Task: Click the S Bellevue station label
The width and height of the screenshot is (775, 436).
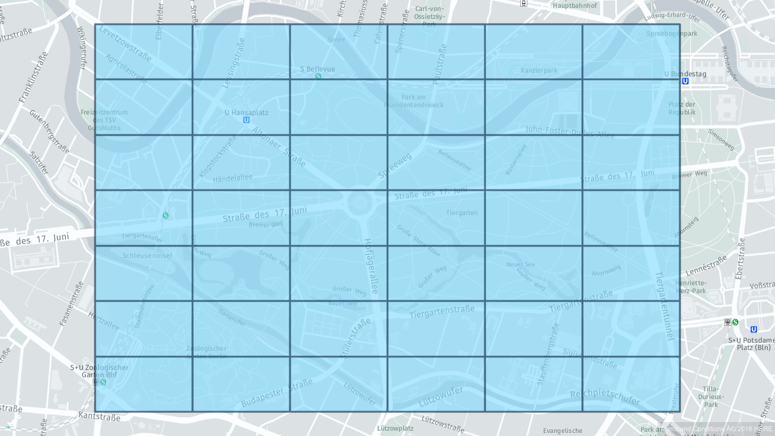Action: point(317,69)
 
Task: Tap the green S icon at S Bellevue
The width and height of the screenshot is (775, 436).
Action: point(318,76)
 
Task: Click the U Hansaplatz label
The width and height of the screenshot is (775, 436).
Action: point(246,113)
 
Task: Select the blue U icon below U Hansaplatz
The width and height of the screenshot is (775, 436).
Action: point(246,120)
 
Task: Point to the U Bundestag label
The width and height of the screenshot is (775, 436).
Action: point(685,74)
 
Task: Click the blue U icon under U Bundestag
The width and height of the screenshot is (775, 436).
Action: point(685,81)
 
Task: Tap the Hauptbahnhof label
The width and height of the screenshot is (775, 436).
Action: point(575,5)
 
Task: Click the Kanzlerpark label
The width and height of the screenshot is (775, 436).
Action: point(539,71)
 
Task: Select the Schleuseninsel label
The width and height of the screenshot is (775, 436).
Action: point(147,256)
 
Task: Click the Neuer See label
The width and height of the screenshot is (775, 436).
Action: point(521,265)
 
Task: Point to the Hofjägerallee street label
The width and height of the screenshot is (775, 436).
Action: point(371,266)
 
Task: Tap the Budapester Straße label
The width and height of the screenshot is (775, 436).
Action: point(277,393)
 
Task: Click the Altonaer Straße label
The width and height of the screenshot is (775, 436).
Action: point(279,146)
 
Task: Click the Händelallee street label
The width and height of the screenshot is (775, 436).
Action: point(232,178)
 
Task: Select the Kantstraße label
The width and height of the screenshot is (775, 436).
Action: point(99,417)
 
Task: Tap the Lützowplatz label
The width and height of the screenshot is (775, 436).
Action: point(395,428)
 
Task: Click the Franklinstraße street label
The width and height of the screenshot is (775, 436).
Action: point(34,77)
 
